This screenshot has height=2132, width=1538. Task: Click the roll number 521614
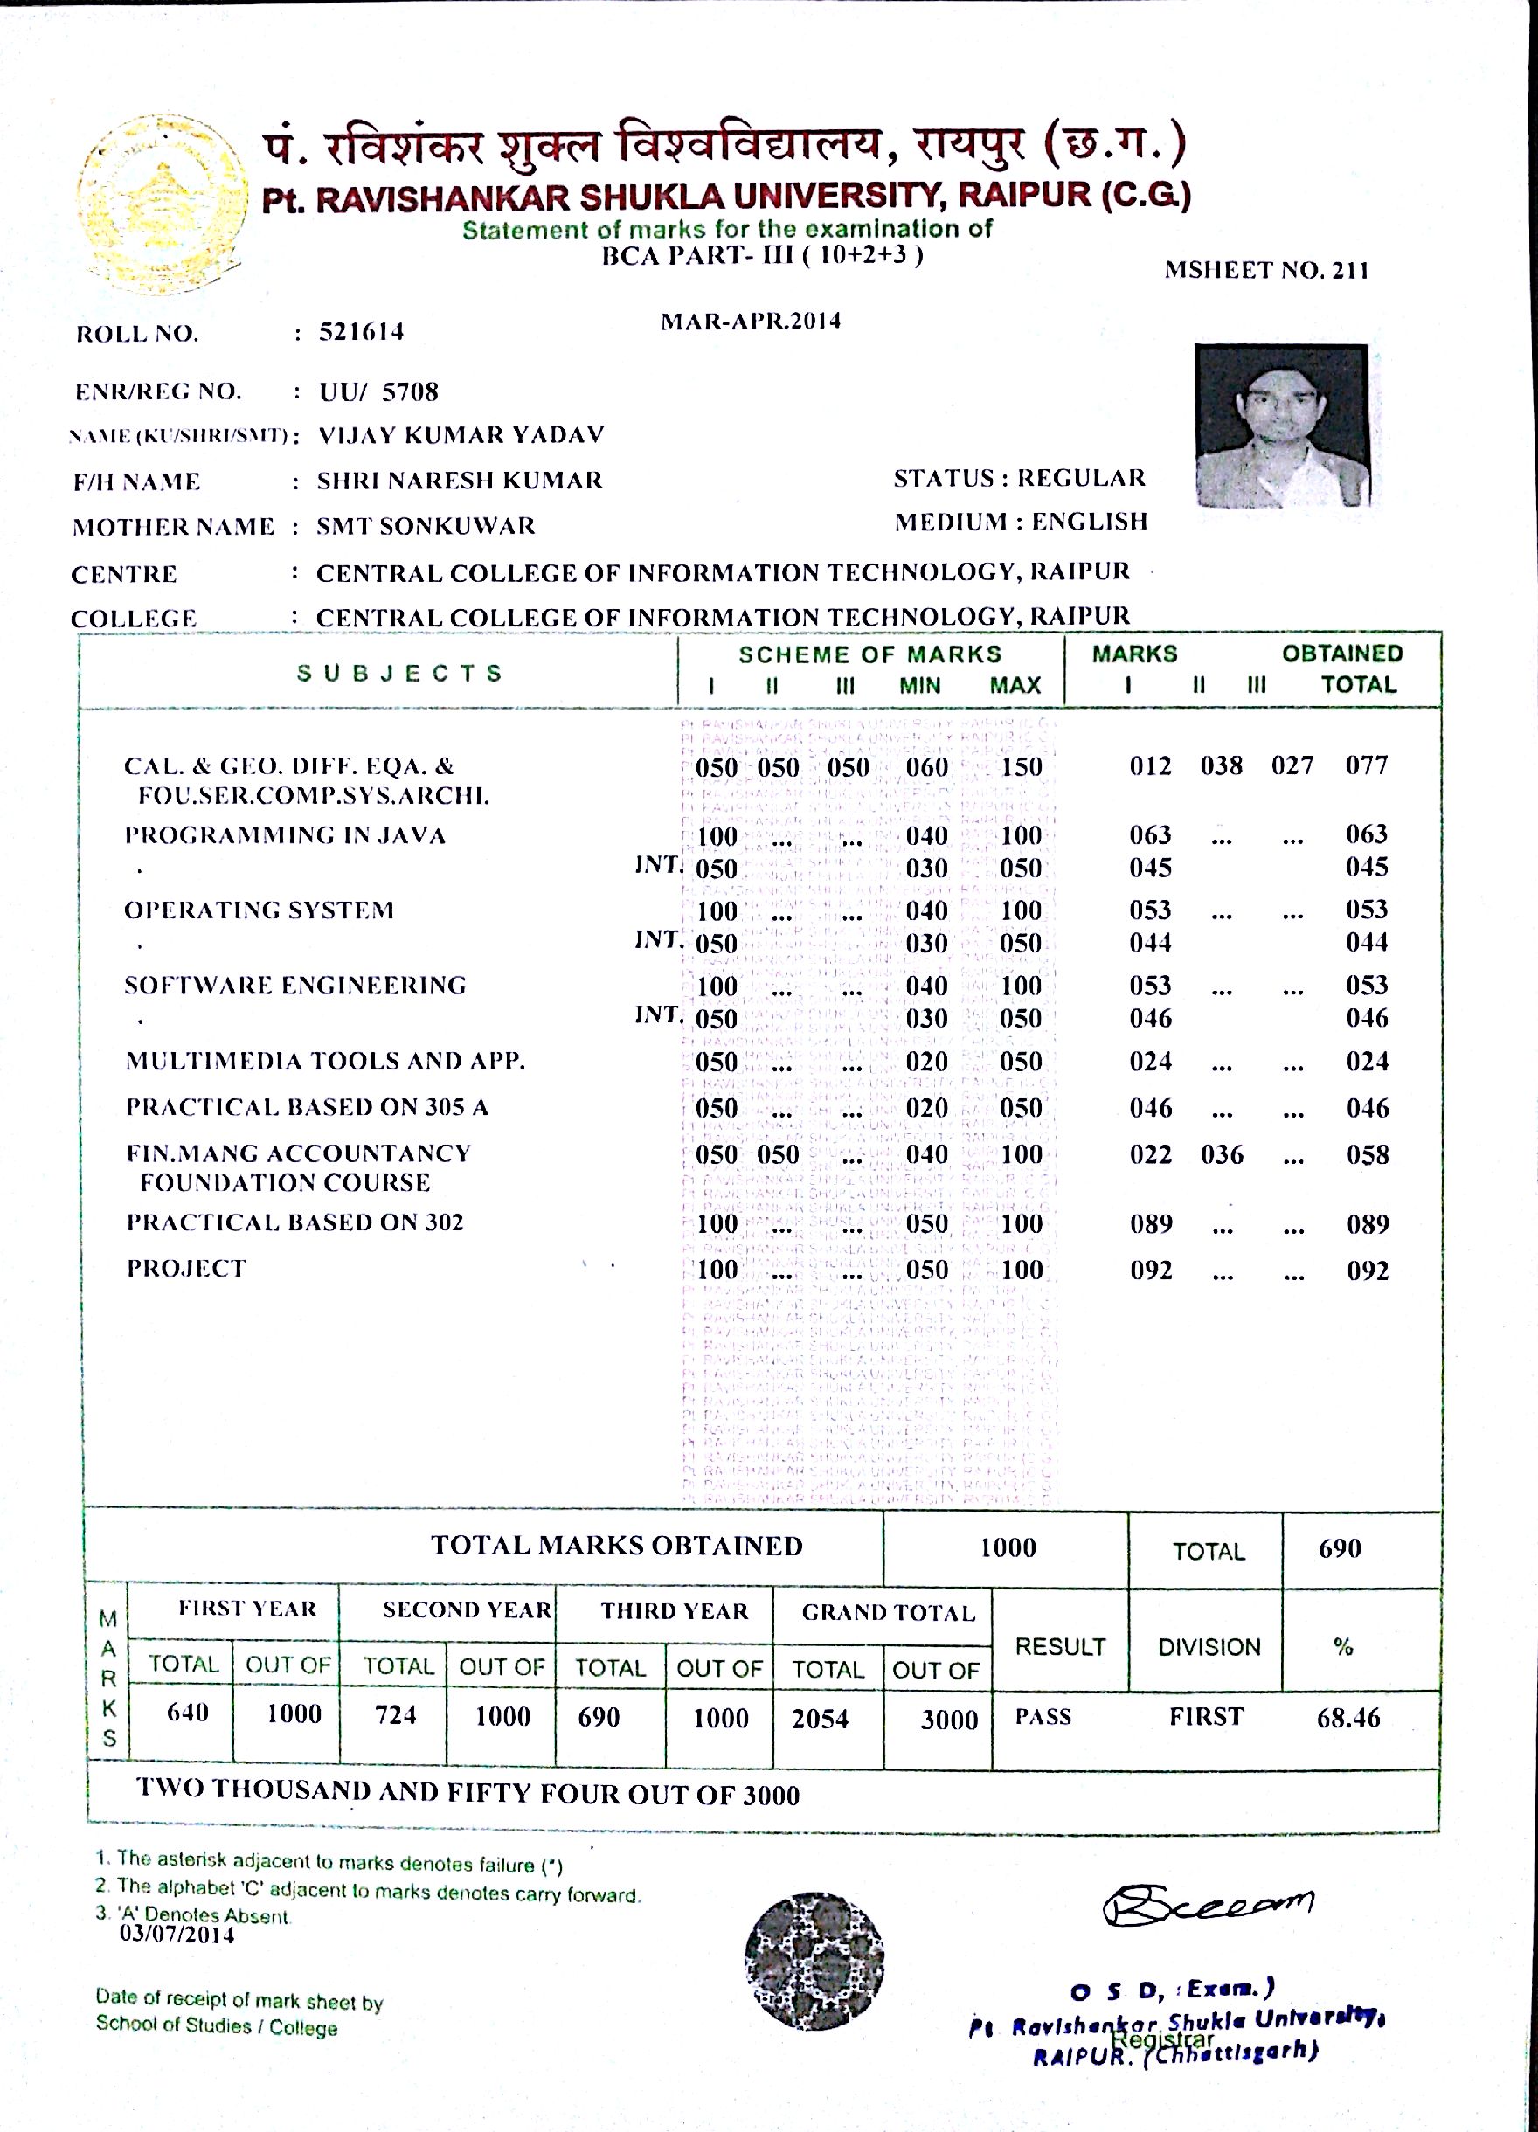361,332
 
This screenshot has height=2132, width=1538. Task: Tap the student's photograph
1280,425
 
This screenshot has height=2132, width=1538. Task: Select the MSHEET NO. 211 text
1265,271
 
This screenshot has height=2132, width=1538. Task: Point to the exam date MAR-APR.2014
750,322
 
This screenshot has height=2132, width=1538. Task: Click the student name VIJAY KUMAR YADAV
461,435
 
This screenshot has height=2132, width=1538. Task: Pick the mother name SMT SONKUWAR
425,525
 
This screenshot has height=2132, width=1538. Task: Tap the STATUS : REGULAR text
1019,479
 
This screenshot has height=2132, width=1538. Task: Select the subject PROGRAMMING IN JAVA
285,835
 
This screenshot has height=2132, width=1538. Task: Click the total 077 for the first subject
1366,765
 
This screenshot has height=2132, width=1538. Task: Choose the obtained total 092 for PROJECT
1367,1271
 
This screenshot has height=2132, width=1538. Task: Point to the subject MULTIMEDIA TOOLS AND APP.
325,1062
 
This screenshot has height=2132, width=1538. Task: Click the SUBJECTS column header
399,673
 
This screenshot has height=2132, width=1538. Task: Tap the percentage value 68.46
1348,1719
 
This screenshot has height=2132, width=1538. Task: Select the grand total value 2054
820,1720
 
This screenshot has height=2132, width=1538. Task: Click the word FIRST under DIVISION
1206,1716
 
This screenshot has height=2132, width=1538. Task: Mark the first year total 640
187,1713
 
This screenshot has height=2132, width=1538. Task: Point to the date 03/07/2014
177,1935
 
